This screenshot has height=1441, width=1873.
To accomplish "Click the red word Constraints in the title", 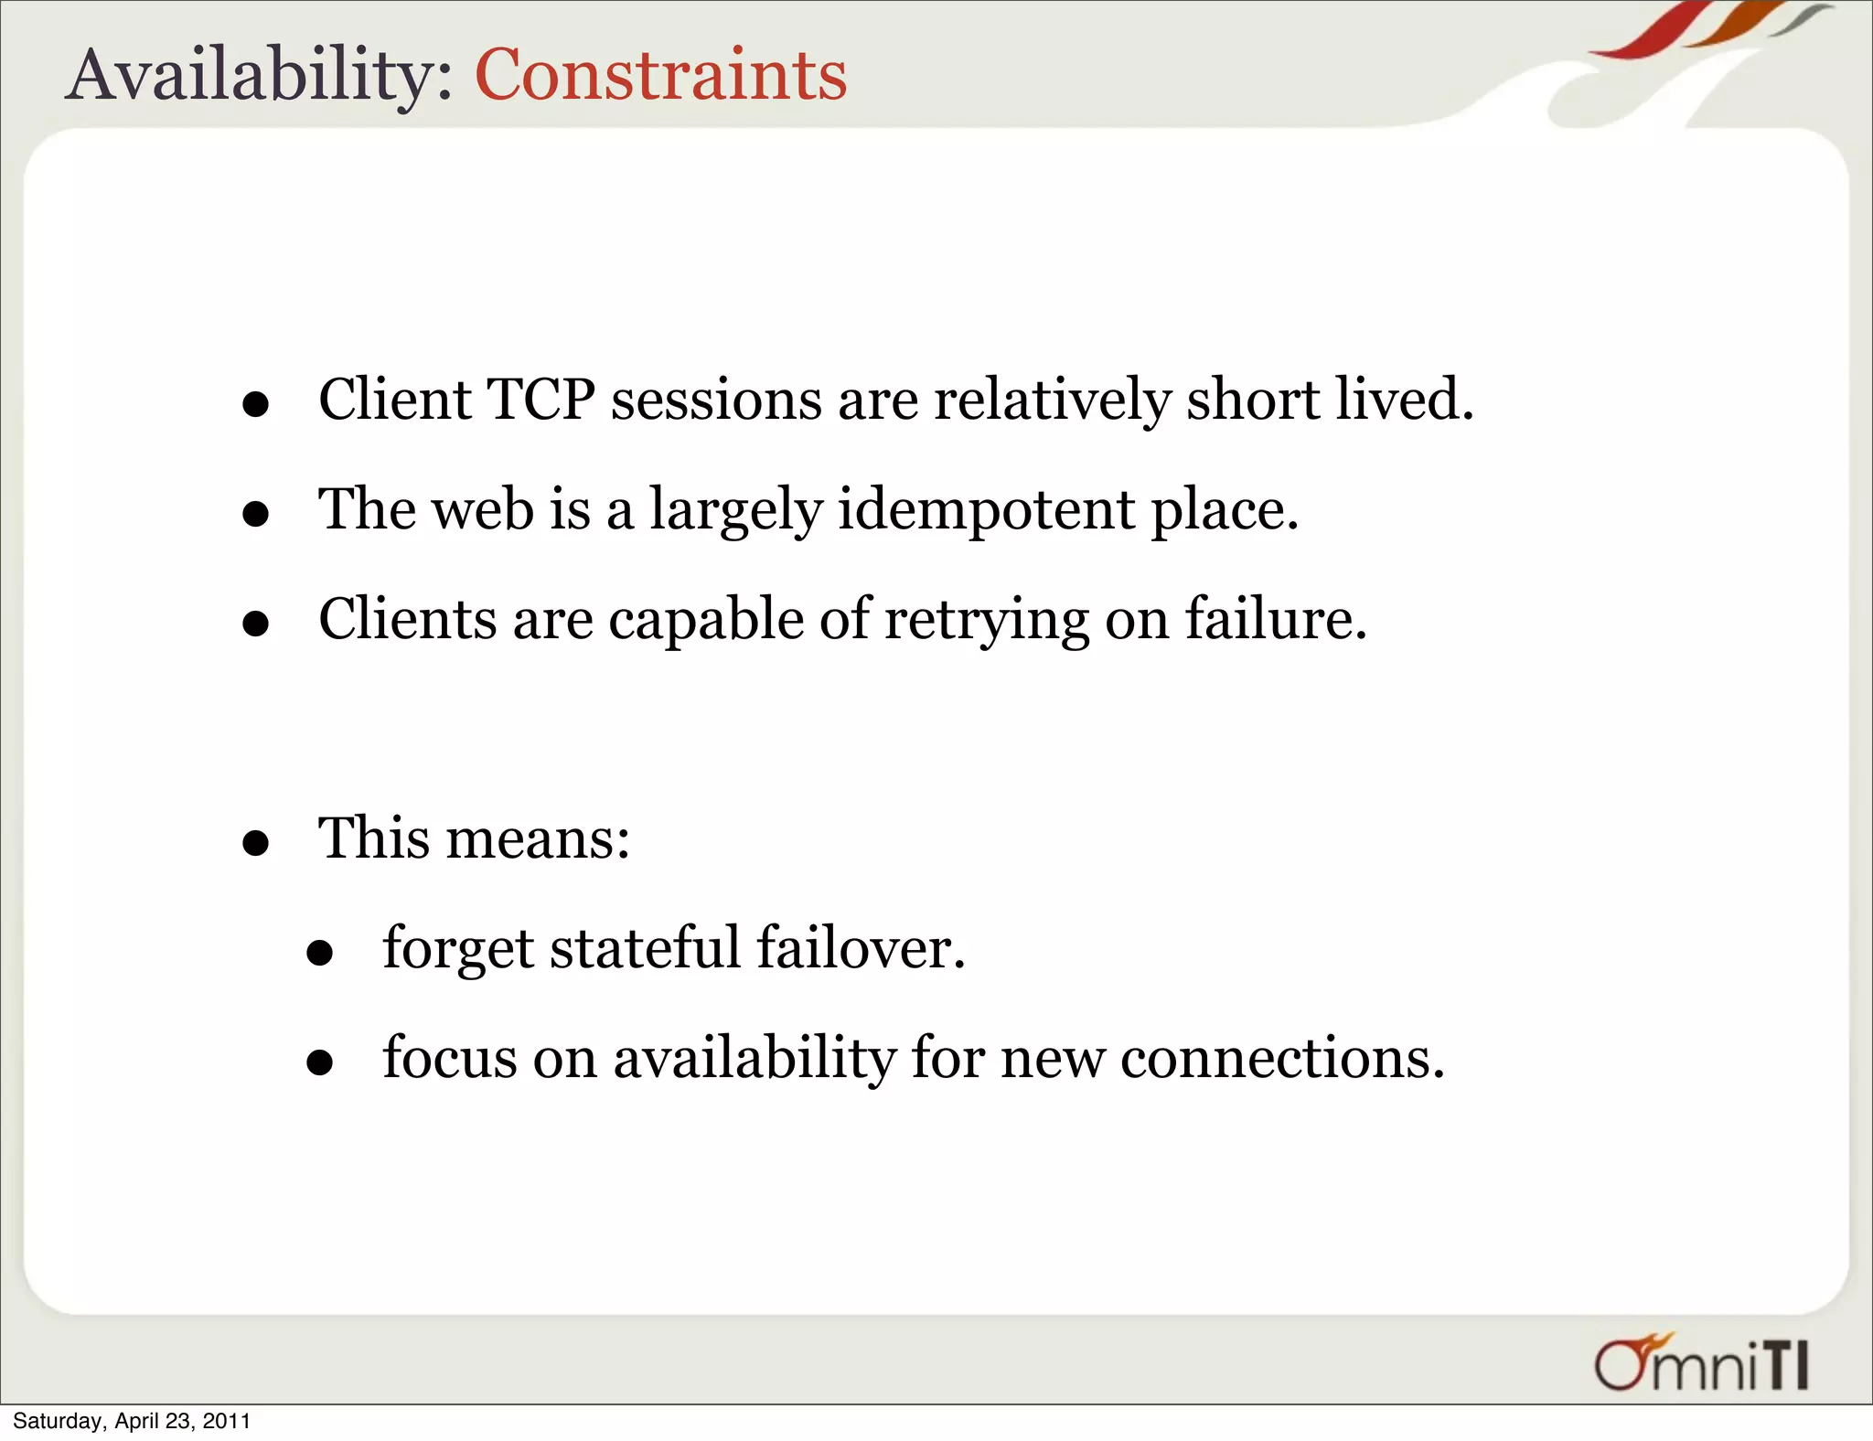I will click(660, 75).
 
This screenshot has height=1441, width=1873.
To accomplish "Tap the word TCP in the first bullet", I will click(541, 400).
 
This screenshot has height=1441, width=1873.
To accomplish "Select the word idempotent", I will click(986, 509).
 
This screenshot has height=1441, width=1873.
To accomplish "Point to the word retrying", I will click(987, 620).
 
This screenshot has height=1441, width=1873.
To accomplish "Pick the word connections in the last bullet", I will click(1282, 1058).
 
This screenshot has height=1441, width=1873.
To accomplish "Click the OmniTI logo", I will click(1701, 1364).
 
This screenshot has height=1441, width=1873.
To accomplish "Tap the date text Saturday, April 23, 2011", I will click(132, 1421).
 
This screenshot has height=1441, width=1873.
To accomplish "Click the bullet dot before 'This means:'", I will click(256, 843).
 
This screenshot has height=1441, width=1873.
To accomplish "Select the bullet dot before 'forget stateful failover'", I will click(320, 954).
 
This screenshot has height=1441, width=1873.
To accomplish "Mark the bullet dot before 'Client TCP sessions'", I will click(256, 404).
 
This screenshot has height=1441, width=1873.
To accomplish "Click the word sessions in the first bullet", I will click(716, 400).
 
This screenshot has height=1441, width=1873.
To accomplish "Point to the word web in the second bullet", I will click(483, 509).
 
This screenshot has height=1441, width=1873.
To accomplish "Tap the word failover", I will click(861, 948).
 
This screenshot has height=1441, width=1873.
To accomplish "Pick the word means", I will click(537, 838).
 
